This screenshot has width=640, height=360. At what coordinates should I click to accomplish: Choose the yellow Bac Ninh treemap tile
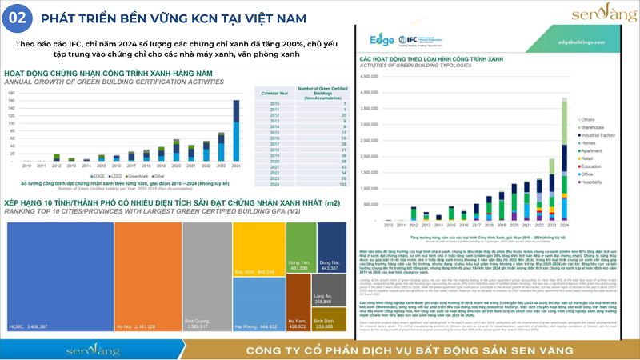(x=258, y=248)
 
